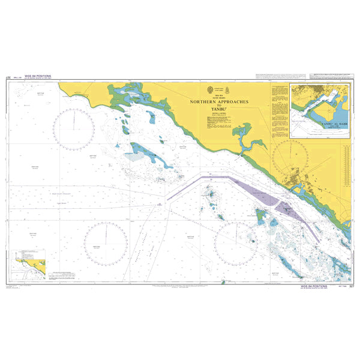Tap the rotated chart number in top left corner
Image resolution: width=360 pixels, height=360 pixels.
[8, 78]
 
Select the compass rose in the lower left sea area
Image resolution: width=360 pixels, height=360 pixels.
[106, 242]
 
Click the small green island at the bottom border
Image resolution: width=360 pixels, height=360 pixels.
[223, 281]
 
